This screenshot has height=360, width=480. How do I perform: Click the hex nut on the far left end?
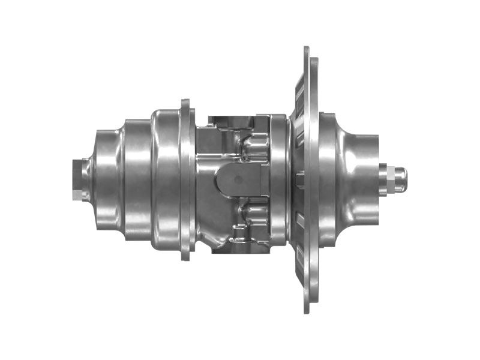(77, 179)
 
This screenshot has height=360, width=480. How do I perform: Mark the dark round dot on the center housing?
(238, 179)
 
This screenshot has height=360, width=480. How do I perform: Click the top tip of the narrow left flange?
(185, 102)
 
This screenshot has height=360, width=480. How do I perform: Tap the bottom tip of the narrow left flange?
(185, 257)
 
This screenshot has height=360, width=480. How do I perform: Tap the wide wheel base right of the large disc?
(327, 179)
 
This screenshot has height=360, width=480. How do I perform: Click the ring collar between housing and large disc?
(279, 179)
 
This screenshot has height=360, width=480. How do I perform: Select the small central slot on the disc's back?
(301, 179)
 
